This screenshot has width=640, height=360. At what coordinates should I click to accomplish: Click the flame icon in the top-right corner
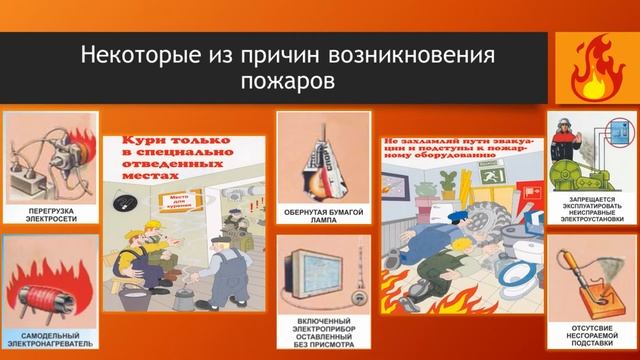coord(599,67)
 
